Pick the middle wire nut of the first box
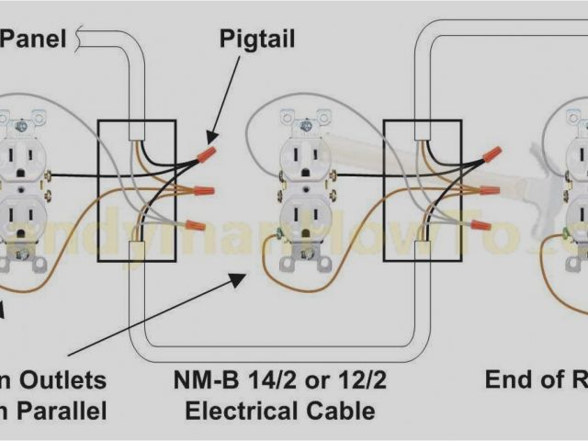[203, 191]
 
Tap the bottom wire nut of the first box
[194, 224]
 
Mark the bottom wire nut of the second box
[477, 223]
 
